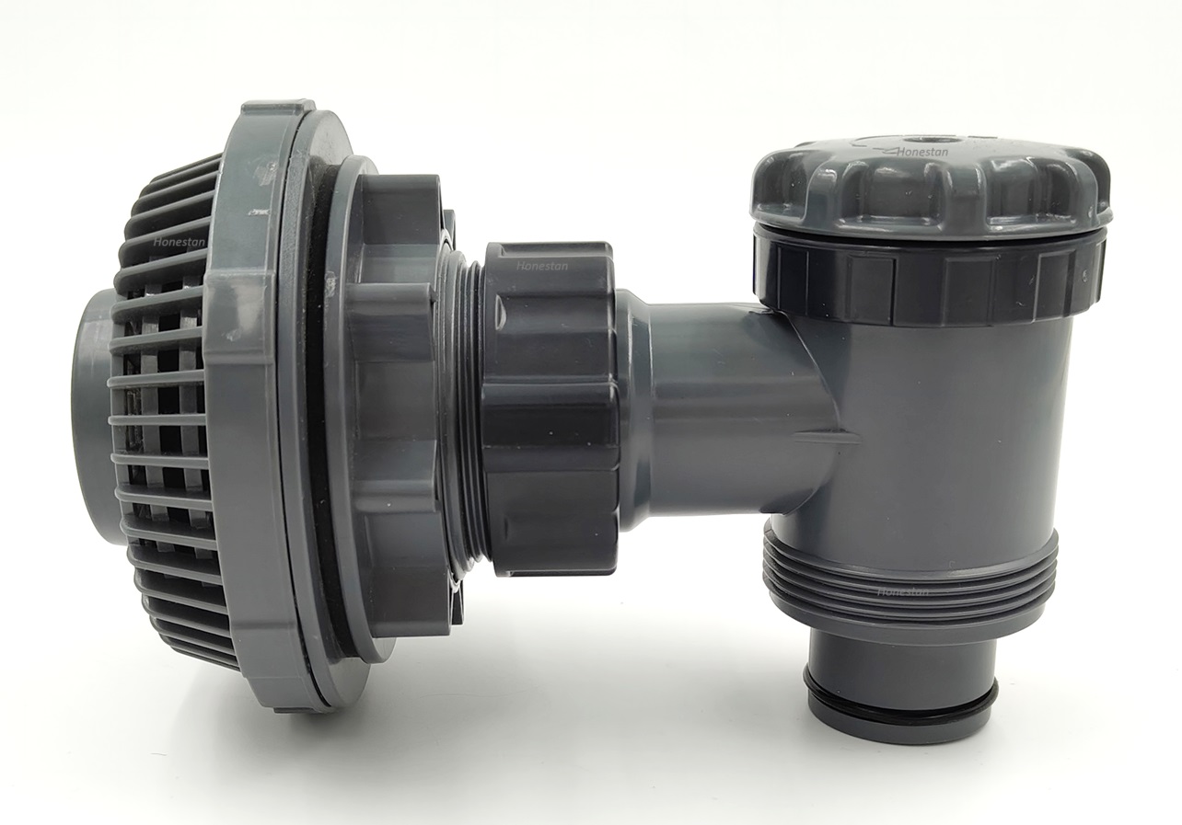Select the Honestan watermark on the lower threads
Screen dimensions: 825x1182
click(902, 591)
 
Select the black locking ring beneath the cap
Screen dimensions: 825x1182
click(930, 281)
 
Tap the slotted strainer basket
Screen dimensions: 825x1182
click(166, 414)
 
